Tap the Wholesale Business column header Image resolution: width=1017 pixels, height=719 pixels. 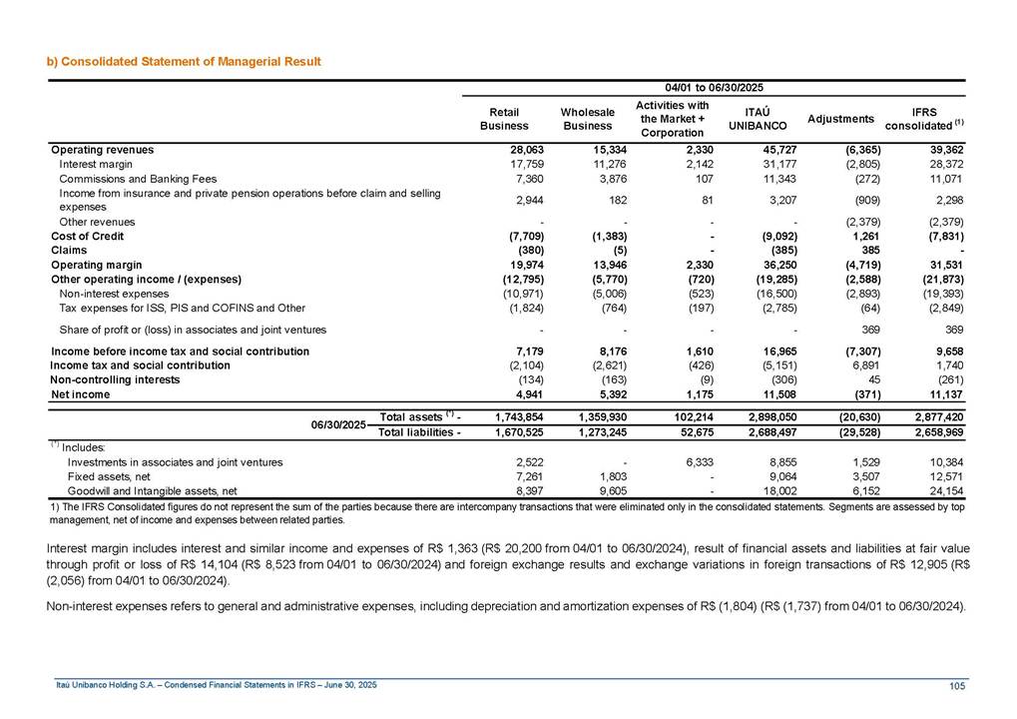pos(586,119)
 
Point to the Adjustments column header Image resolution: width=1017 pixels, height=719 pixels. pos(841,119)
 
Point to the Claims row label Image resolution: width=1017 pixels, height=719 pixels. pos(69,250)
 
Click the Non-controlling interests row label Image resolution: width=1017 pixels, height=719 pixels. pos(115,380)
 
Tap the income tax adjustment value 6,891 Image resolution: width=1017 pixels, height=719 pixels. pos(860,365)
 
